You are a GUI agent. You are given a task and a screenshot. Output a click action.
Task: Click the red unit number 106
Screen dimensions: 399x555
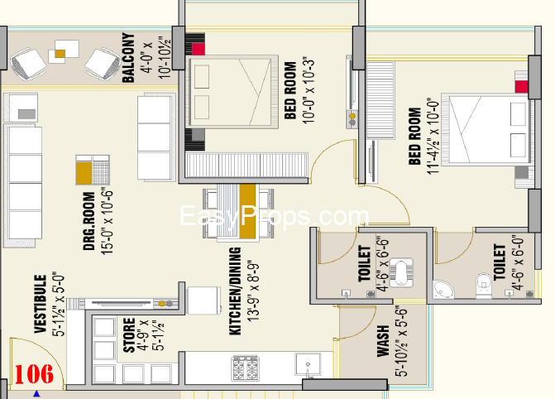[x=34, y=373]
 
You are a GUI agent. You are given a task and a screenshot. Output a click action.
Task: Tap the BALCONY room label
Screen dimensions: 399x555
[x=128, y=58]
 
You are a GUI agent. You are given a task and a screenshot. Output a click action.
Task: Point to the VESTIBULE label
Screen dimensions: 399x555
[x=38, y=304]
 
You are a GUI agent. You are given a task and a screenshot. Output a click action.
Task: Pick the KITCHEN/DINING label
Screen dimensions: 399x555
[x=235, y=291]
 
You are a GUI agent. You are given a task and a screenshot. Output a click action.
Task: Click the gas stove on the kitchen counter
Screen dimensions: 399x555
[x=246, y=365]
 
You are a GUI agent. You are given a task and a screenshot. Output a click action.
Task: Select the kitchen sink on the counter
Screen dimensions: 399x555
[x=307, y=364]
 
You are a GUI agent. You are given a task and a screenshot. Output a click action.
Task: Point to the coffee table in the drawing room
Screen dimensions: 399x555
[x=93, y=169]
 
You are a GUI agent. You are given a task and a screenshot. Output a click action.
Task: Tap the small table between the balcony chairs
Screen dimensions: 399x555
[x=60, y=55]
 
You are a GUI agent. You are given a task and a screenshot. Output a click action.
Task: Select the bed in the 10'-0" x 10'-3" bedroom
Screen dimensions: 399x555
[x=231, y=94]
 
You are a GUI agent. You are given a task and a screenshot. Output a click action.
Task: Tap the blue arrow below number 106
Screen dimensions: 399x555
[x=36, y=394]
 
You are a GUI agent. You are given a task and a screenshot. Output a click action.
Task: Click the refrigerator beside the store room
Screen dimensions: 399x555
[x=202, y=300]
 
